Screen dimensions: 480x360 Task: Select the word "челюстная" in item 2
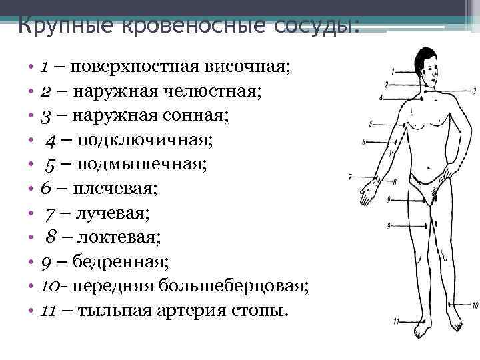tap(227, 91)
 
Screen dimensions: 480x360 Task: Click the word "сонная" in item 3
tap(203, 116)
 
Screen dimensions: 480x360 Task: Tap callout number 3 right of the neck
tap(474, 90)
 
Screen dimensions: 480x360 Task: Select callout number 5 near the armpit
tap(371, 123)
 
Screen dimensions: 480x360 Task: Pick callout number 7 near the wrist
tap(350, 177)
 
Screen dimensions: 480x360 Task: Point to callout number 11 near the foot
tap(396, 321)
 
